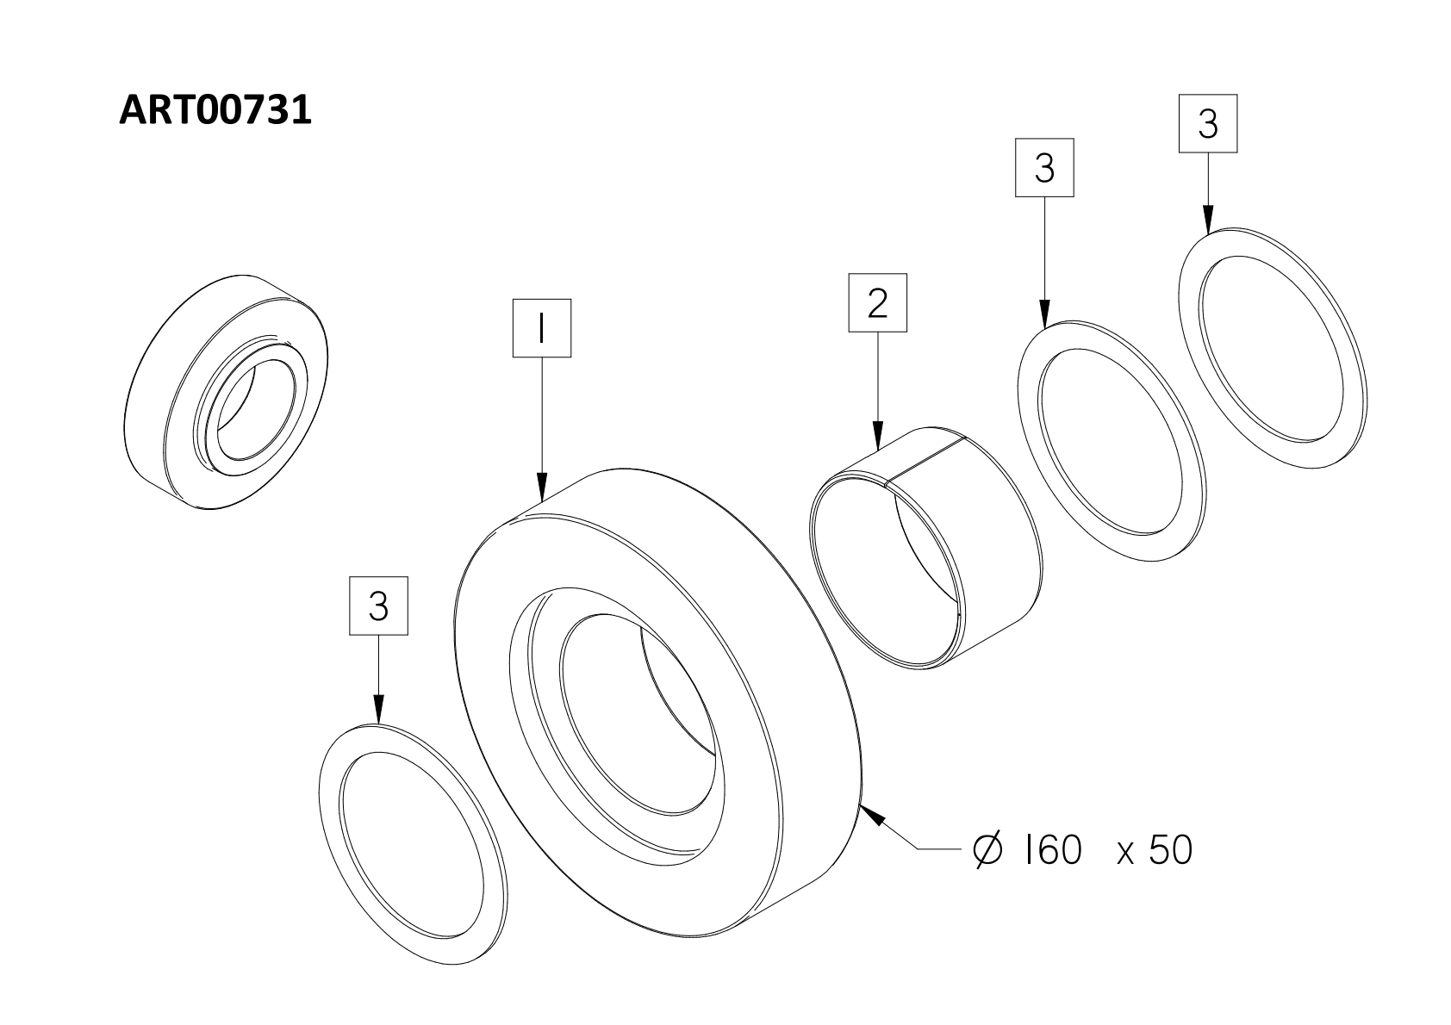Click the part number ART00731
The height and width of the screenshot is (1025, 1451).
tap(215, 110)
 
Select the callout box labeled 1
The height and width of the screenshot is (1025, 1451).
tap(541, 327)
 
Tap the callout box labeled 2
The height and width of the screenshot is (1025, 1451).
tap(878, 302)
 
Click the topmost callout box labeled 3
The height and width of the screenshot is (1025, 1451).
tap(1207, 124)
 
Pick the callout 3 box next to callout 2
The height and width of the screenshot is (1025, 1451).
tap(1044, 167)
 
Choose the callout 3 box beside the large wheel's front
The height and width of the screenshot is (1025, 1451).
tap(378, 606)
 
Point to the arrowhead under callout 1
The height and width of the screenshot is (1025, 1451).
tap(542, 488)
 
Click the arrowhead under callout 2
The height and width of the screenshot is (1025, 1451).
tap(878, 437)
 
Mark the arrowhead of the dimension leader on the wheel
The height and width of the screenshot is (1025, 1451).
tap(871, 815)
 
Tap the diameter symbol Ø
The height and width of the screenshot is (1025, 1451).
tap(987, 850)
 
